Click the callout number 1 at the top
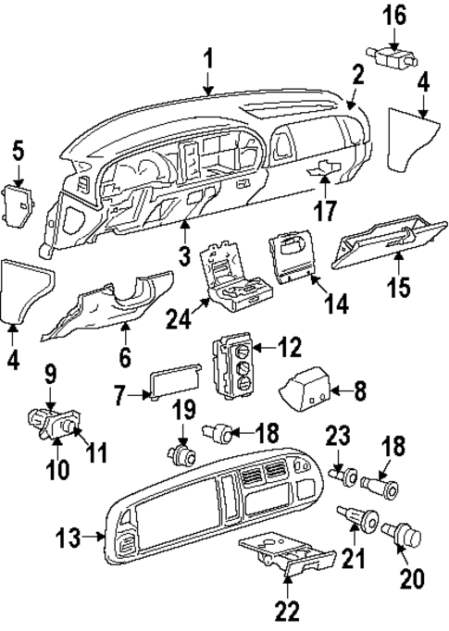point(209,60)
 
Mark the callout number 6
point(124,355)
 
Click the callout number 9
point(51,375)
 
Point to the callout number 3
point(183,252)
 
